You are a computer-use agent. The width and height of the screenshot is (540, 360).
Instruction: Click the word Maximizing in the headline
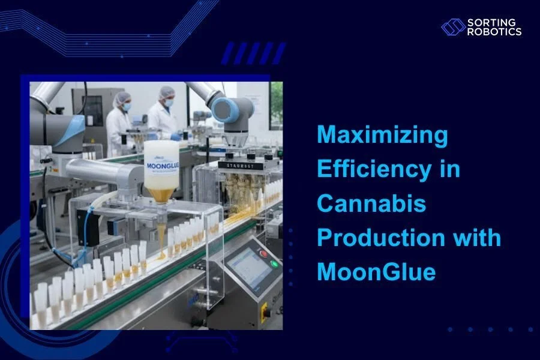[382, 136]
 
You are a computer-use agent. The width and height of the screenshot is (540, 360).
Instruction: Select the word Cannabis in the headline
[371, 204]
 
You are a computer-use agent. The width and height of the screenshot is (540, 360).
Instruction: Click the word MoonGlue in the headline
[376, 272]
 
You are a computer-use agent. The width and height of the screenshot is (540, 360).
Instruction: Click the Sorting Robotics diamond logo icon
[453, 27]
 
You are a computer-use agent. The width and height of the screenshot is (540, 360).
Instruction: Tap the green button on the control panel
[274, 263]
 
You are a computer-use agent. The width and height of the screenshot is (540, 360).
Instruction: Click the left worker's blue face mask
[127, 107]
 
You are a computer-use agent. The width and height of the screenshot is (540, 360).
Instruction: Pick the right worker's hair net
[166, 92]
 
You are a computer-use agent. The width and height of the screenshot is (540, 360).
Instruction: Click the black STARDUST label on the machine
[238, 164]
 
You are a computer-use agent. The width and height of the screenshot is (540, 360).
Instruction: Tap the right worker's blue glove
[175, 137]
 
